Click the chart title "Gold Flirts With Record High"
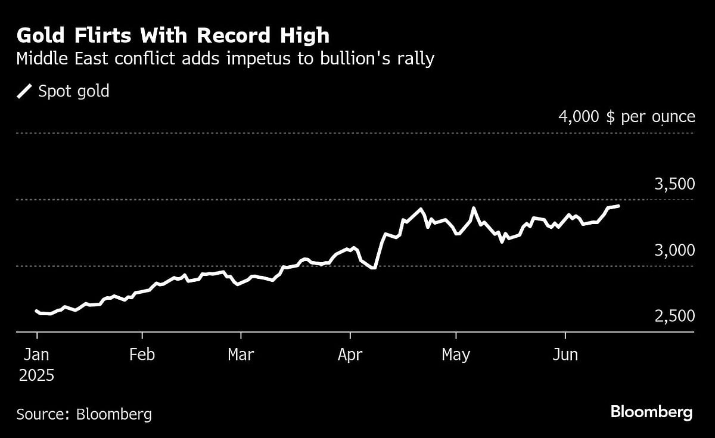(173, 35)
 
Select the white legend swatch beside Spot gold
(24, 91)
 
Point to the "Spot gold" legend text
(73, 91)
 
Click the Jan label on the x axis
(36, 355)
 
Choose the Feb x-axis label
(142, 355)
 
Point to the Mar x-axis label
(241, 355)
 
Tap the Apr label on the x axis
(350, 355)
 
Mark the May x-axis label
(456, 355)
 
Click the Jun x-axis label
(565, 355)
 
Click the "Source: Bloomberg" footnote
(84, 414)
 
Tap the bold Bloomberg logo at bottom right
(651, 412)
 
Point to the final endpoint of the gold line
(618, 206)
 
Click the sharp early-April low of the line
(374, 268)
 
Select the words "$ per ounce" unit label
(651, 116)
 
